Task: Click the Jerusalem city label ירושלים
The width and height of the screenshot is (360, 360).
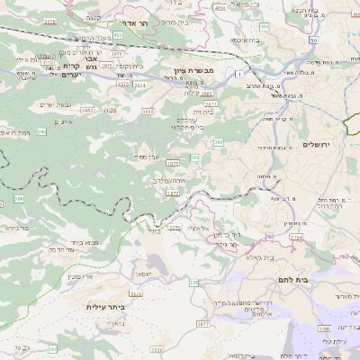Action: (318, 145)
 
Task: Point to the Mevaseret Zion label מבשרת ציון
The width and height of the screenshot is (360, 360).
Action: (192, 69)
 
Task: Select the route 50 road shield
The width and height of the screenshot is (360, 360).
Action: (313, 40)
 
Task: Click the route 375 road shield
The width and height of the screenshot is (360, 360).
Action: (193, 283)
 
